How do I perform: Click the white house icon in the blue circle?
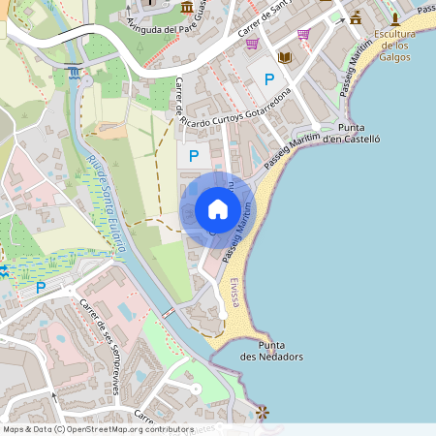[218, 209]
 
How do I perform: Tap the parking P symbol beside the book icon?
[268, 78]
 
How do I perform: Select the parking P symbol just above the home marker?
[194, 155]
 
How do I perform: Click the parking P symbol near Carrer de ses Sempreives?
[41, 287]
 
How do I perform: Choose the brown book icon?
[284, 58]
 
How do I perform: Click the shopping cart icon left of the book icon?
[252, 44]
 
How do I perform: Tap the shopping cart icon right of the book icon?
[303, 34]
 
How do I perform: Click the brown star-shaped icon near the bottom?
[262, 413]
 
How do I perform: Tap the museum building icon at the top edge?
[186, 8]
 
